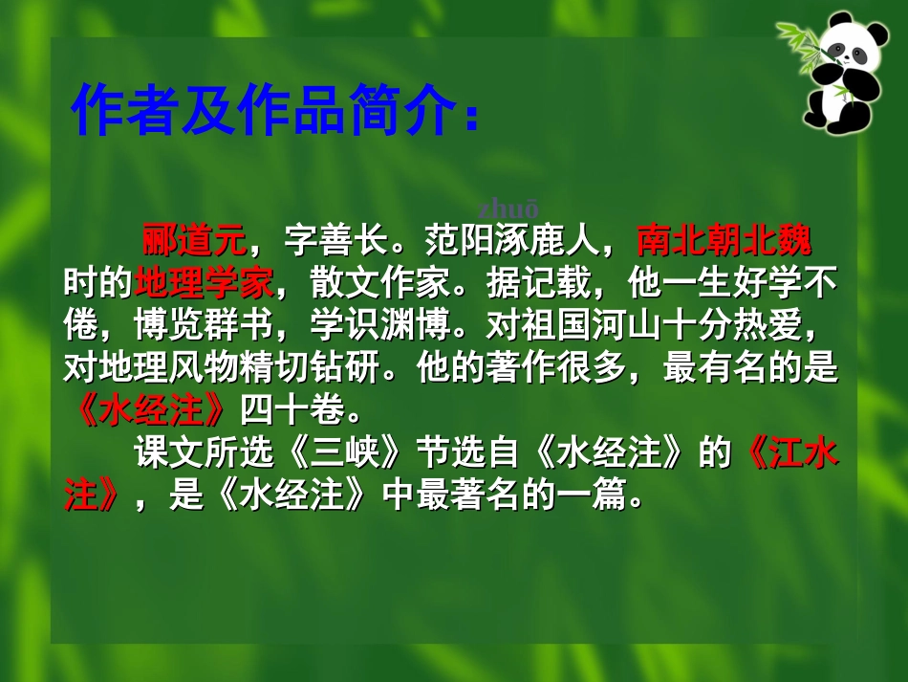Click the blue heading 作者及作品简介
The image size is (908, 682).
pyautogui.click(x=272, y=110)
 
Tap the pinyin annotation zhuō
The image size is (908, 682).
pyautogui.click(x=509, y=209)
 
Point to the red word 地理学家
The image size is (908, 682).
pyautogui.click(x=204, y=282)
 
